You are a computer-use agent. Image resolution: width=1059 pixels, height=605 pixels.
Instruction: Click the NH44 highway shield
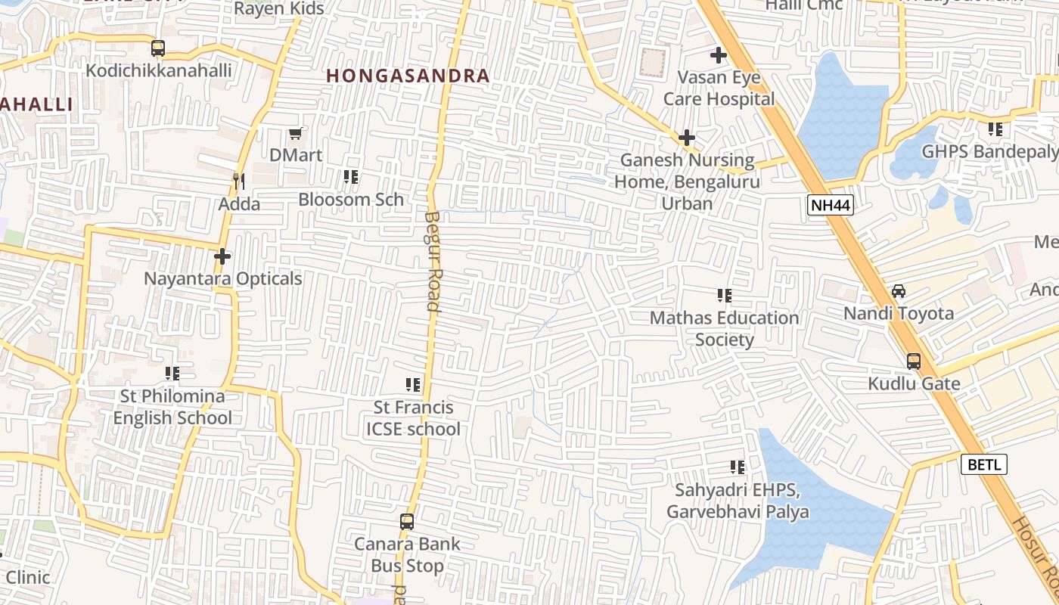click(830, 205)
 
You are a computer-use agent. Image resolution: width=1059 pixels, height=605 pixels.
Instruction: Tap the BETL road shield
click(983, 464)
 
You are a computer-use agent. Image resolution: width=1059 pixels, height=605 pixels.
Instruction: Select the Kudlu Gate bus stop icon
click(914, 361)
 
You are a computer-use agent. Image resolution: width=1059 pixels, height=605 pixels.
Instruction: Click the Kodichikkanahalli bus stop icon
click(158, 48)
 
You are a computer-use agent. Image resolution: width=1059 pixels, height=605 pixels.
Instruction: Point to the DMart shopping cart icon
click(295, 134)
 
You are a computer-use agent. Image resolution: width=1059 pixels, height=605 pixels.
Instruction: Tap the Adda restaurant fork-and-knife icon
click(238, 181)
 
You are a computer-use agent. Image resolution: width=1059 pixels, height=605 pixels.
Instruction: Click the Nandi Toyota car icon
click(899, 291)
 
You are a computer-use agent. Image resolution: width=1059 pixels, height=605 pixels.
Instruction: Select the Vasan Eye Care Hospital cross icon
click(718, 55)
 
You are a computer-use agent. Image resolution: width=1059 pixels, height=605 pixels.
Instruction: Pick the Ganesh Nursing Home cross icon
click(686, 138)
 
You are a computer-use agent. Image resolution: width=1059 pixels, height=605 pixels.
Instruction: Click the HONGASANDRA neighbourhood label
click(408, 76)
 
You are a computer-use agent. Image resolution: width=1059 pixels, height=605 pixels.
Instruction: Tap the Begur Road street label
click(432, 261)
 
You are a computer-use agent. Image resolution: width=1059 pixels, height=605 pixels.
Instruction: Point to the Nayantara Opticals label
click(223, 279)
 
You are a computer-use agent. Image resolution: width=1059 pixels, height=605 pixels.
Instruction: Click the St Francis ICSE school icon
click(413, 385)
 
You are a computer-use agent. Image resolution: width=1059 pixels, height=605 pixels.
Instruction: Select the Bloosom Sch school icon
click(351, 177)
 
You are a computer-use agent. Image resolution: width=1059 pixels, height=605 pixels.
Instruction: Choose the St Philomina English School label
click(172, 407)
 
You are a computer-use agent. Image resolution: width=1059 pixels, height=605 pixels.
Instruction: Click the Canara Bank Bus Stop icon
click(407, 522)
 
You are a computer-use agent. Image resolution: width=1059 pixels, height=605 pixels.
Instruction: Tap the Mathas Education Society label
click(724, 328)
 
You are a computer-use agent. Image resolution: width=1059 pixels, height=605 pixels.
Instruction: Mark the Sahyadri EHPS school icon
click(738, 468)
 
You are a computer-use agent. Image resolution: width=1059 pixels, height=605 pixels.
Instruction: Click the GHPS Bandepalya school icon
click(995, 129)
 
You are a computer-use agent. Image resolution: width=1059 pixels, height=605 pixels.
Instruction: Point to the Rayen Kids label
click(279, 9)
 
